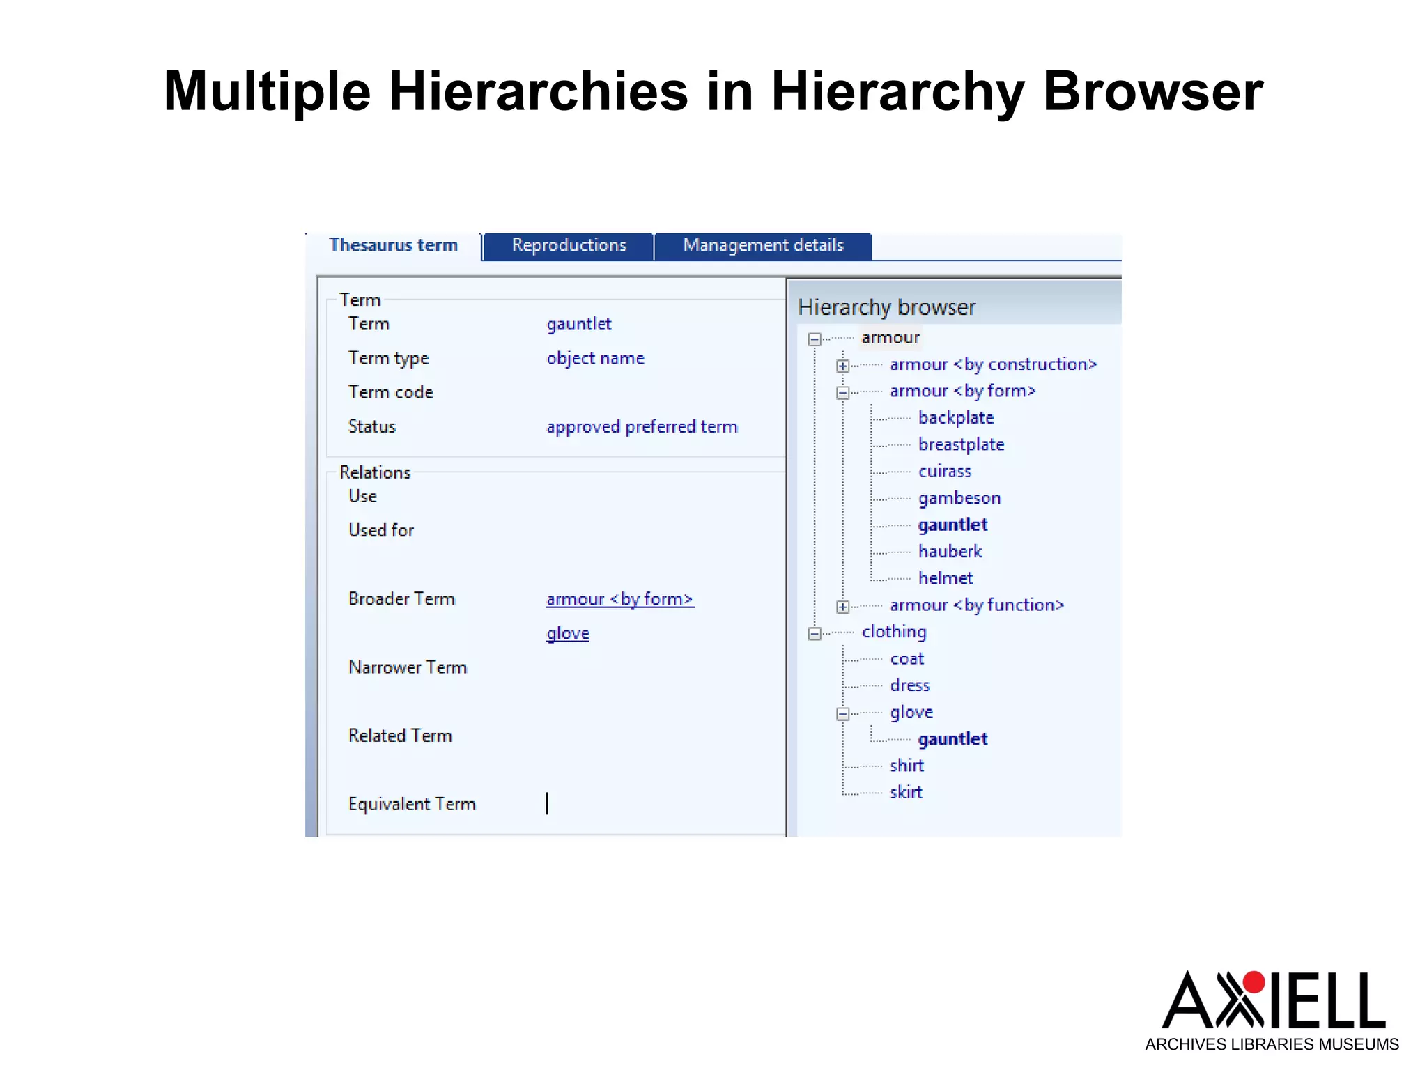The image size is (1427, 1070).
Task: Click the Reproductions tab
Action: pos(569,245)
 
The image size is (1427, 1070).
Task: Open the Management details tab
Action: pos(763,245)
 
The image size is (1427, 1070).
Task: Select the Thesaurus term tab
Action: pos(393,245)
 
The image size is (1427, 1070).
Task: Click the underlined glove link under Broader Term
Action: pos(568,633)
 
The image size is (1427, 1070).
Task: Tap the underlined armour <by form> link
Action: pos(619,599)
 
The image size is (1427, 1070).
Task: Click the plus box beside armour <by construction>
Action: pos(842,366)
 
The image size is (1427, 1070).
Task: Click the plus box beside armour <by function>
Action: pos(842,607)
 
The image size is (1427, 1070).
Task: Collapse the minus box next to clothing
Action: pos(814,634)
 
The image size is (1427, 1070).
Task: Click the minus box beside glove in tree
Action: pos(842,714)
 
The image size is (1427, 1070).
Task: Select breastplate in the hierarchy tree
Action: pos(961,444)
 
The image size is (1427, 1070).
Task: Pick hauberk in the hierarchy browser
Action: pos(950,552)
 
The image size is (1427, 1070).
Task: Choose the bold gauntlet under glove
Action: pos(952,739)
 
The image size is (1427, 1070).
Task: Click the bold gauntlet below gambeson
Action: pos(952,525)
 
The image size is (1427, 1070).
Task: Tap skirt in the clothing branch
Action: pos(906,793)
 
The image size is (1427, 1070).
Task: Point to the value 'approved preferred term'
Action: pos(642,426)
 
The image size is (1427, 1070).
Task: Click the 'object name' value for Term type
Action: pos(595,358)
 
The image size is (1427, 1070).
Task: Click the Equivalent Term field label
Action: pos(412,804)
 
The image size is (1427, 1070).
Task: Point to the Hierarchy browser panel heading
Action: pos(886,307)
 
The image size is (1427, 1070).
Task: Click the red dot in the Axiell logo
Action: pos(1254,982)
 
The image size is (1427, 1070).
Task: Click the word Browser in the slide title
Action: pos(1152,91)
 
